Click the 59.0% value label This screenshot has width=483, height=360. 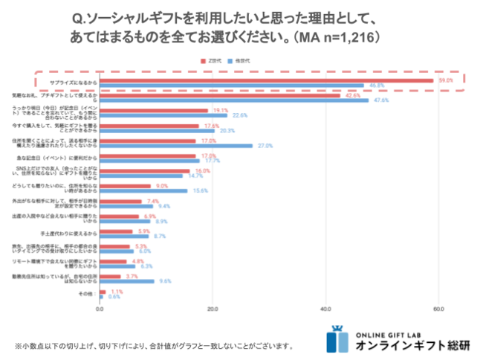pyautogui.click(x=445, y=80)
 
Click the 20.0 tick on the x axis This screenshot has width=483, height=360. pyautogui.click(x=212, y=309)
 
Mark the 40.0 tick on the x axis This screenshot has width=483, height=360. pyautogui.click(x=325, y=309)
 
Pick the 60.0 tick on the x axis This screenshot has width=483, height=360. pyautogui.click(x=438, y=309)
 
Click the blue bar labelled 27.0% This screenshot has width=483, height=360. pyautogui.click(x=175, y=145)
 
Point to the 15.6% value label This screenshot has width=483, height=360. pyautogui.click(x=201, y=191)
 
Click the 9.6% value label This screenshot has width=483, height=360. pyautogui.click(x=166, y=281)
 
